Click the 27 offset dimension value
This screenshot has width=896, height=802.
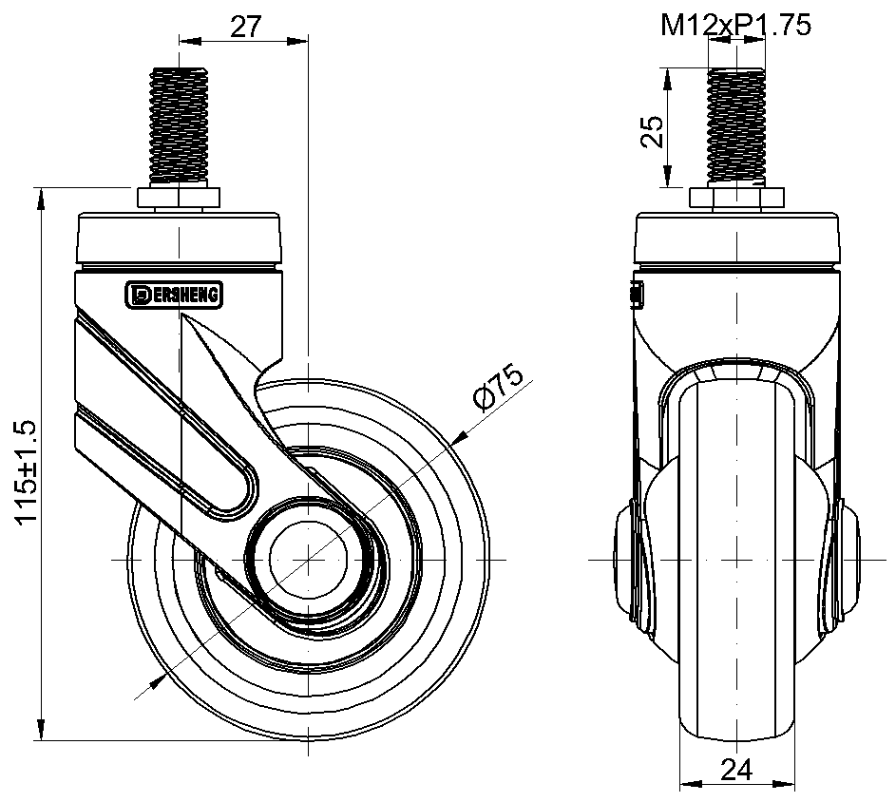(x=245, y=27)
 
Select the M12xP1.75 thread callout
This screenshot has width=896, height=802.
(x=735, y=25)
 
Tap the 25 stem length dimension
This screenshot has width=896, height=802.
(x=652, y=132)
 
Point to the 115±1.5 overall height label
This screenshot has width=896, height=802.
(x=27, y=472)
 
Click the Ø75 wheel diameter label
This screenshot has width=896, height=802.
(x=498, y=387)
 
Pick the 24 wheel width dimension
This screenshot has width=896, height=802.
(x=736, y=770)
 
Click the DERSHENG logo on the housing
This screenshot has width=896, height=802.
(x=174, y=295)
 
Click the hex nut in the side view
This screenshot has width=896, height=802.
(x=179, y=198)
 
